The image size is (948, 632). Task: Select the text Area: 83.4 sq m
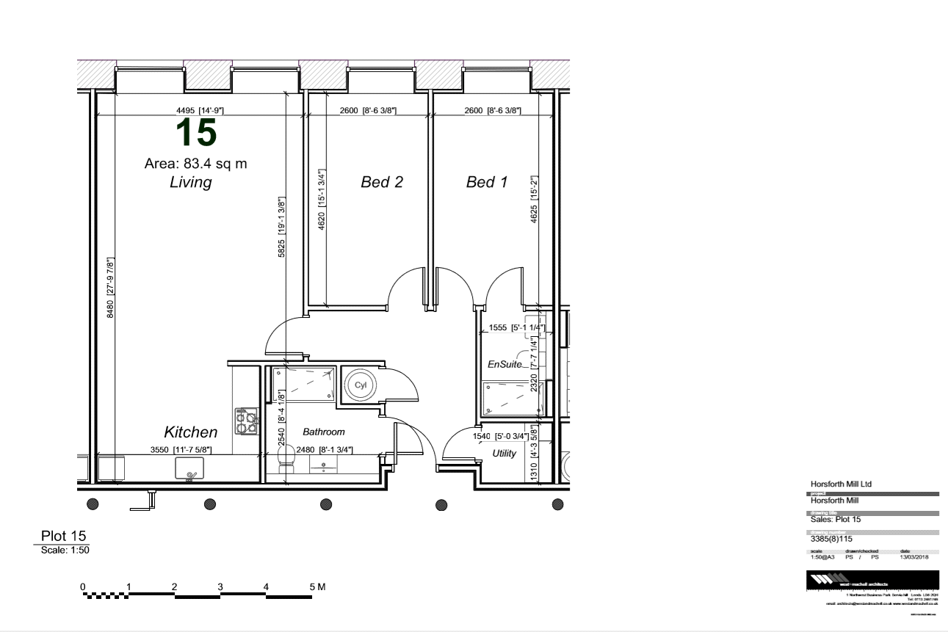[195, 164]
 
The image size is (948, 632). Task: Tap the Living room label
[190, 183]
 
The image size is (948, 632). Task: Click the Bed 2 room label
[382, 182]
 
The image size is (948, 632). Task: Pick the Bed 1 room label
[487, 182]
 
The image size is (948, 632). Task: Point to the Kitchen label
[190, 432]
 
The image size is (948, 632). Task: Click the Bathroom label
[323, 432]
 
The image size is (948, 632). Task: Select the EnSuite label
[504, 363]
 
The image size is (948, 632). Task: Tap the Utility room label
[504, 454]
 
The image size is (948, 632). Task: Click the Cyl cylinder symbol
[360, 385]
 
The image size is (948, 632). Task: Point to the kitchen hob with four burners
[246, 420]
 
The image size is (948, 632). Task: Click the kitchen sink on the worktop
[190, 468]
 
